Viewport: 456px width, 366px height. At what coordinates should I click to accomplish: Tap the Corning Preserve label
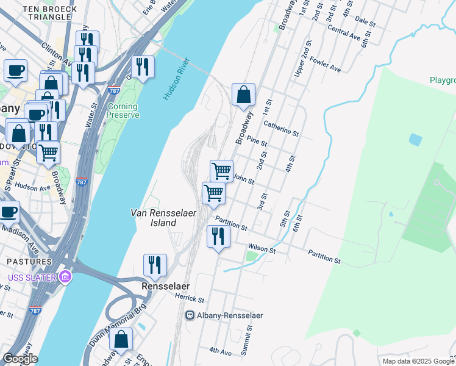point(123,110)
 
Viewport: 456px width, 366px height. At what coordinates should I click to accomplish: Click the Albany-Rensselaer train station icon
point(190,315)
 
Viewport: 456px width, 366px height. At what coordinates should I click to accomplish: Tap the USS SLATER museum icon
point(65,278)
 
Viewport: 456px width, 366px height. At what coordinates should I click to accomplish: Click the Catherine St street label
point(280,128)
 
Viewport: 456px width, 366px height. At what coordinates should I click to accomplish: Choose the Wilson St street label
point(262,249)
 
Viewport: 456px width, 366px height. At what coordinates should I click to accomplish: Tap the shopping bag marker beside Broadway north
point(243,95)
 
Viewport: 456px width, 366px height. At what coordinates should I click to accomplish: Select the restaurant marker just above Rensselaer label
point(155,265)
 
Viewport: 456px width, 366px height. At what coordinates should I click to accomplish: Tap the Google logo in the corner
point(20,359)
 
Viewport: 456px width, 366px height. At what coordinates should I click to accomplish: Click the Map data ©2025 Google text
point(418,361)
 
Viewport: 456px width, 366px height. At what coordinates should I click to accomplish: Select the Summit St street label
point(249,335)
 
